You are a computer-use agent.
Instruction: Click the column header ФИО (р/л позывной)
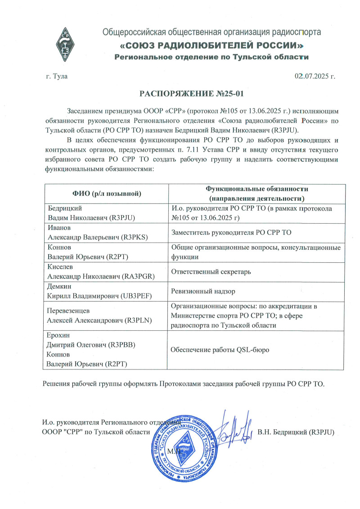click(x=107, y=194)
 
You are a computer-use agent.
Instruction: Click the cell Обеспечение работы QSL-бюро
click(x=221, y=350)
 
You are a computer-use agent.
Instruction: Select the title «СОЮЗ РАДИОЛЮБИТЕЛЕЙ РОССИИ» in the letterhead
click(x=211, y=46)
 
